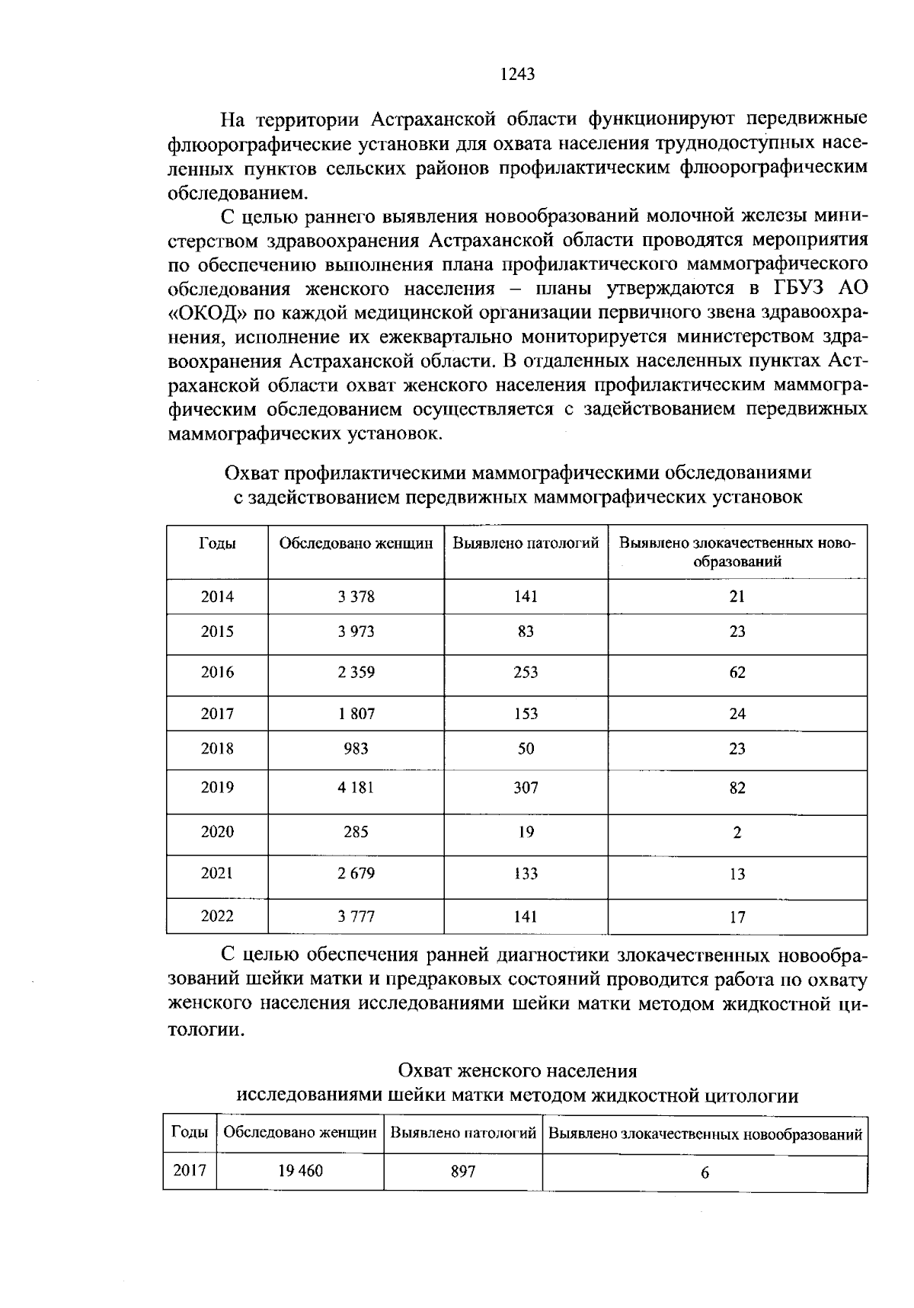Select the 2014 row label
(x=217, y=596)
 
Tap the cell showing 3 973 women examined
(x=356, y=632)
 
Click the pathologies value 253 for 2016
(x=526, y=672)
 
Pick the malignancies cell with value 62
(x=737, y=672)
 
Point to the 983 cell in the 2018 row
(x=356, y=748)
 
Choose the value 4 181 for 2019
(x=356, y=787)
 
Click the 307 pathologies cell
(x=526, y=787)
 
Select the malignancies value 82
(x=737, y=787)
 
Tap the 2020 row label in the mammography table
(x=217, y=832)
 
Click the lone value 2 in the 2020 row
(x=737, y=833)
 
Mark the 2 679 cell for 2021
(x=356, y=873)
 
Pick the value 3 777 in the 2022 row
(x=356, y=916)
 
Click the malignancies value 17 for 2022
(x=737, y=916)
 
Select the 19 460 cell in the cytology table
(x=300, y=1171)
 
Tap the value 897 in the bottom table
(x=462, y=1172)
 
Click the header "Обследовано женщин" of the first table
(x=356, y=544)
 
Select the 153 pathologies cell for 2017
(x=526, y=714)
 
